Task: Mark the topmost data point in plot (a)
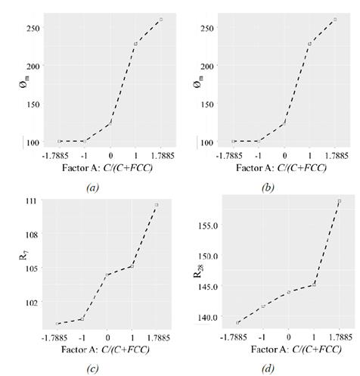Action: (x=160, y=20)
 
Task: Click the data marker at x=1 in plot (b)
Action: (x=309, y=44)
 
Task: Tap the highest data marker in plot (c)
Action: (x=157, y=205)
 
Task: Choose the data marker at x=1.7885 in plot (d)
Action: (x=340, y=201)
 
